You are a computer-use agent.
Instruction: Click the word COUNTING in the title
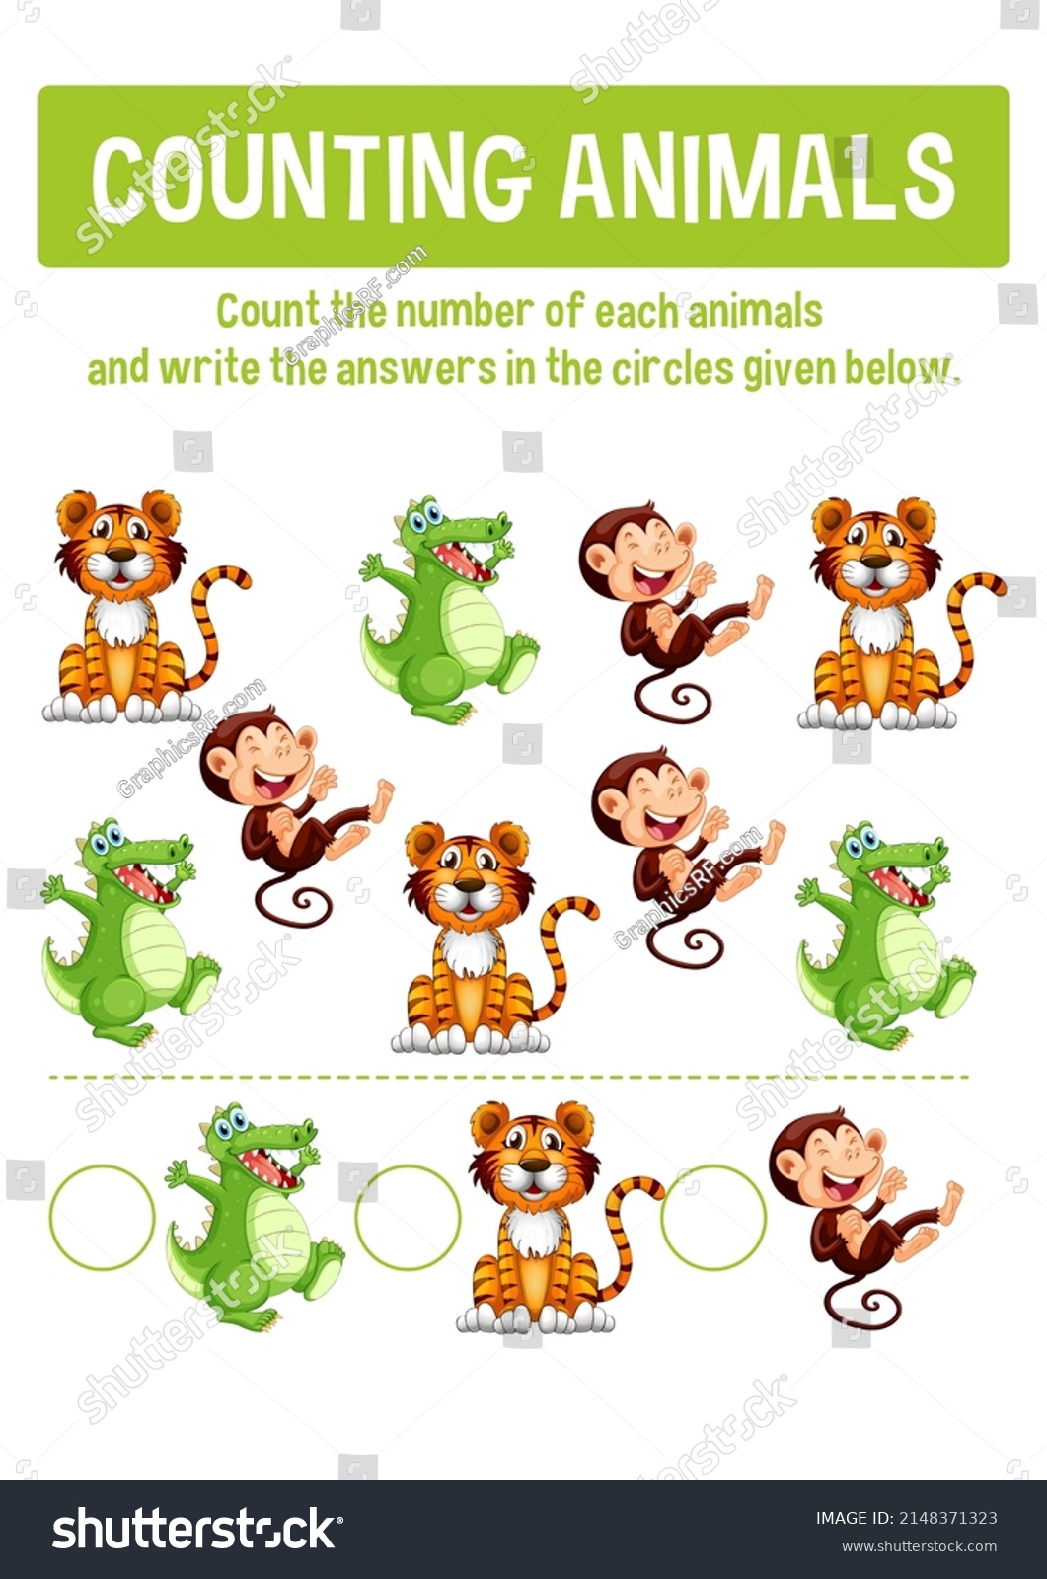310,177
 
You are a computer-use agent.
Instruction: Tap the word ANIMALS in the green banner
758,176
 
